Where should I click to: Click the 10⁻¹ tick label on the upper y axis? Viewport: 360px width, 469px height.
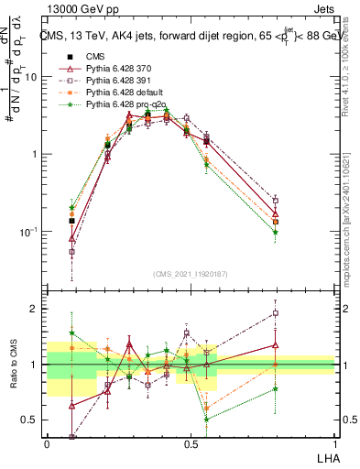pyautogui.click(x=31, y=232)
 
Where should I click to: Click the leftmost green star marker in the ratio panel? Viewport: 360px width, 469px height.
pyautogui.click(x=71, y=333)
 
